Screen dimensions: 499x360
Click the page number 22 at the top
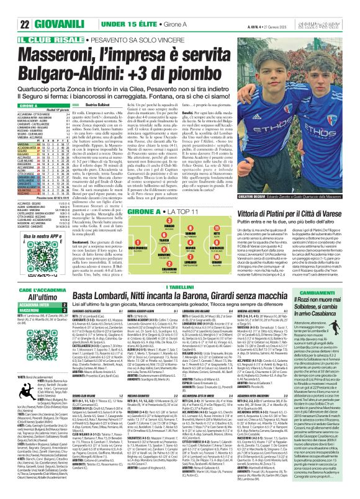coord(9,24)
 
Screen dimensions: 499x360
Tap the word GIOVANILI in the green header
coord(44,24)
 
